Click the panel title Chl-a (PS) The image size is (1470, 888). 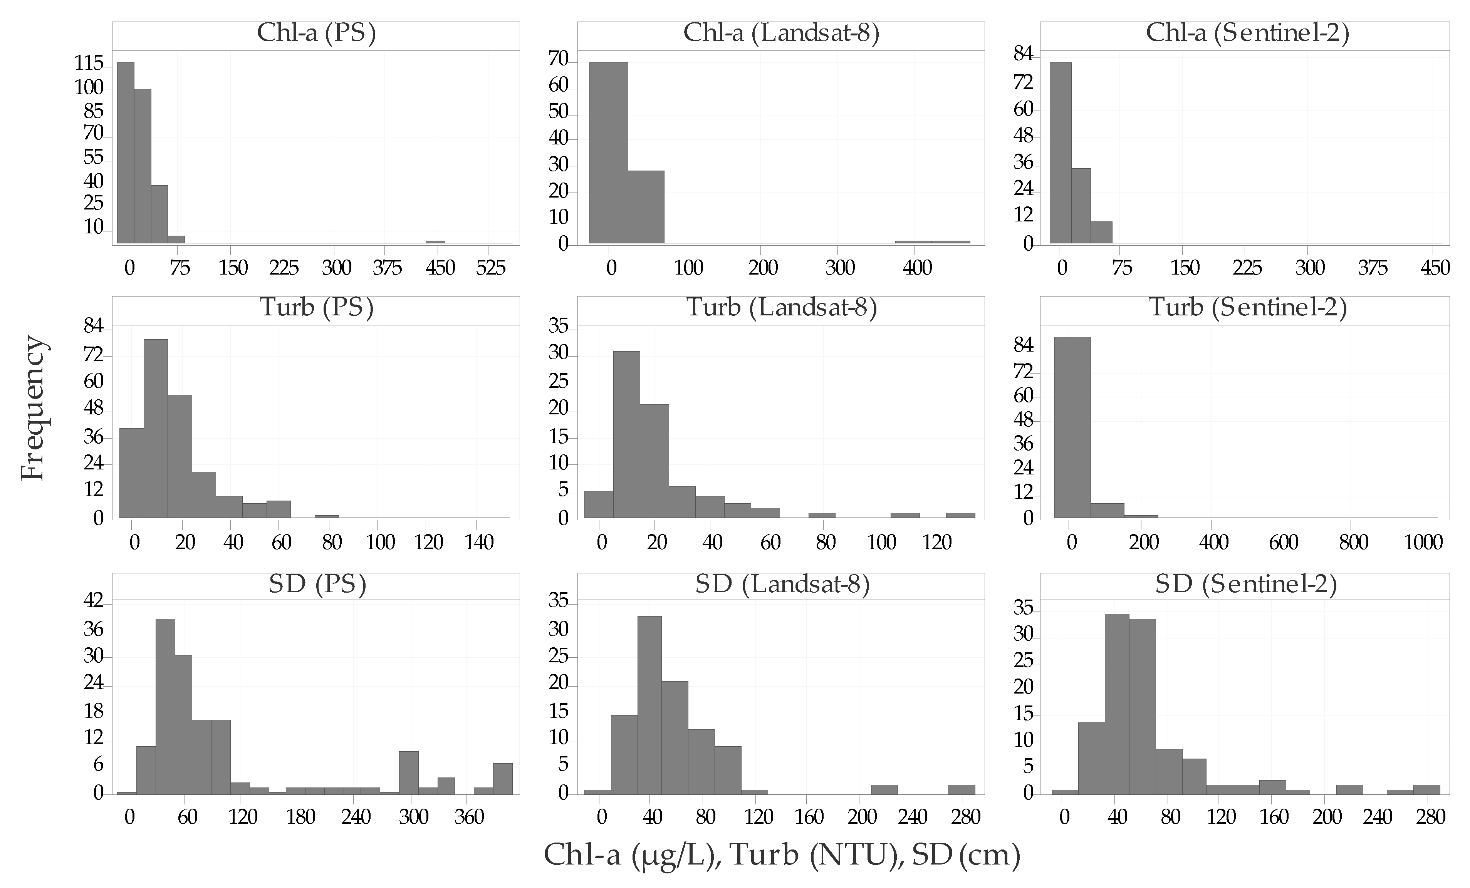coord(316,34)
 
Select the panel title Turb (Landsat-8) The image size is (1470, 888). coord(782,308)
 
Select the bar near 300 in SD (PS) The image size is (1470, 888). coord(409,772)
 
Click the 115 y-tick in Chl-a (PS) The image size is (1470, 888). coord(89,64)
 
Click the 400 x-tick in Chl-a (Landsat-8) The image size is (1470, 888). coord(917,268)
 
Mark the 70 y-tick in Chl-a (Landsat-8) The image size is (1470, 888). coord(559,59)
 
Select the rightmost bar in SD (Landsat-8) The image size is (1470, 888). coord(962,789)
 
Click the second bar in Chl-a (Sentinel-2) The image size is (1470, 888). coord(1081,206)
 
